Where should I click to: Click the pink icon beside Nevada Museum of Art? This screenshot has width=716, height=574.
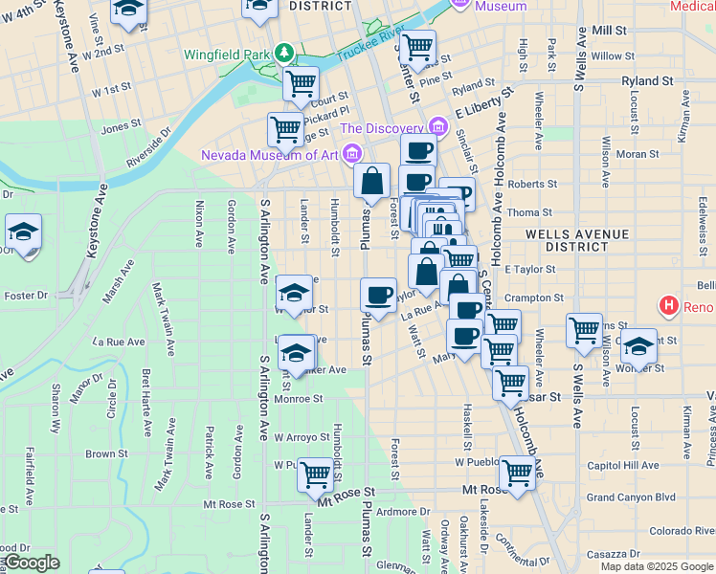coord(353,153)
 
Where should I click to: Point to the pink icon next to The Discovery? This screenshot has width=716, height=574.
coord(438,126)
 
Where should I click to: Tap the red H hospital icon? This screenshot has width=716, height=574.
coord(668,306)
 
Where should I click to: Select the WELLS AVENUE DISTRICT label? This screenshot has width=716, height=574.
coord(577,240)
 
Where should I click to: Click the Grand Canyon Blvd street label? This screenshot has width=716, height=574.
coord(631,497)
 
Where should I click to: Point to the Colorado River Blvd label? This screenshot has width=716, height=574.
coord(681,531)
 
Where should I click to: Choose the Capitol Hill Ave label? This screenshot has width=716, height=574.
coord(623,466)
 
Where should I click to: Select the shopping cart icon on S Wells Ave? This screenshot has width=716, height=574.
coord(584,331)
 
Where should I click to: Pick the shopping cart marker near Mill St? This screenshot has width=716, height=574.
coord(417,46)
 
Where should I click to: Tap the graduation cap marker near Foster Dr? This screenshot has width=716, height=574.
coord(23,232)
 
